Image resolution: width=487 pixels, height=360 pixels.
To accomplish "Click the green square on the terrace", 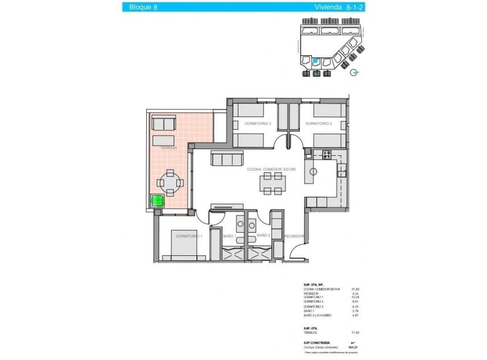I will tap(156, 200).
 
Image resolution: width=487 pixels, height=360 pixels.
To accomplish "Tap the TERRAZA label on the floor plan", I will tap(168, 148).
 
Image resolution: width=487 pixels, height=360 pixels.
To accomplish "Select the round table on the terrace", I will tap(171, 183).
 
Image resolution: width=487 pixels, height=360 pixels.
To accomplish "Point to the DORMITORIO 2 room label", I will tap(318, 123).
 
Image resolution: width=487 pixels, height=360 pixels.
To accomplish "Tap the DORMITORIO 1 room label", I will tap(189, 236).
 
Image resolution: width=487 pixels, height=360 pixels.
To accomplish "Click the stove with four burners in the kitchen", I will tap(327, 154).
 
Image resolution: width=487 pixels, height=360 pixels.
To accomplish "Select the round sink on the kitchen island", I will tap(312, 171).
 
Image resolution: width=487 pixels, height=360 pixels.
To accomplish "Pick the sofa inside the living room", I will tap(227, 158).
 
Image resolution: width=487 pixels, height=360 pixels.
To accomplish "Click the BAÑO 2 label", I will tap(263, 235).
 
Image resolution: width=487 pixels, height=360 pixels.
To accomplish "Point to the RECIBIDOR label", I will tap(294, 236).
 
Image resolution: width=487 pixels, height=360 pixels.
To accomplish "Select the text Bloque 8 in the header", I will tap(143, 7).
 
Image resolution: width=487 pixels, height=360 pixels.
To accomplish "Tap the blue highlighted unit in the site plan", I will tap(316, 61).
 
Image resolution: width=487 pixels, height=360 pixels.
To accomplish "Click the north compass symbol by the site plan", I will tap(354, 73).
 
